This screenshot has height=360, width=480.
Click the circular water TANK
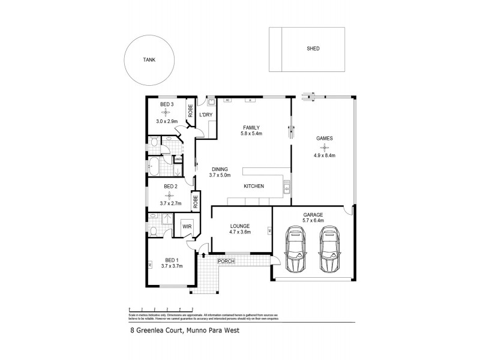point(149,60)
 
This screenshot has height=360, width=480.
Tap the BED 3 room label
point(167,105)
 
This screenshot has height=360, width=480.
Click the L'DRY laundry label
point(206,115)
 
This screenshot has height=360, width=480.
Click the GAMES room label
point(325,138)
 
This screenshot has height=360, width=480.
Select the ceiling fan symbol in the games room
point(325,146)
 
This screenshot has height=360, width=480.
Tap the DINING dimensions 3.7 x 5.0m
point(224,175)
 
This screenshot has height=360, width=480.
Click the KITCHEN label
point(254,187)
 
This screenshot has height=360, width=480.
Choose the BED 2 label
point(171,187)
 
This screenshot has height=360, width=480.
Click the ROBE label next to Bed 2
point(196,200)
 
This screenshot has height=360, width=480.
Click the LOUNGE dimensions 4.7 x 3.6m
point(239,232)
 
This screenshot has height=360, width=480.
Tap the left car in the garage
point(295,248)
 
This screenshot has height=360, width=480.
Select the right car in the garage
point(329,248)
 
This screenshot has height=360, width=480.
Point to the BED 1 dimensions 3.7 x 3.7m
point(171,265)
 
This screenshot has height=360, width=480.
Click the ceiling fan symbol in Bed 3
point(167,113)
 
